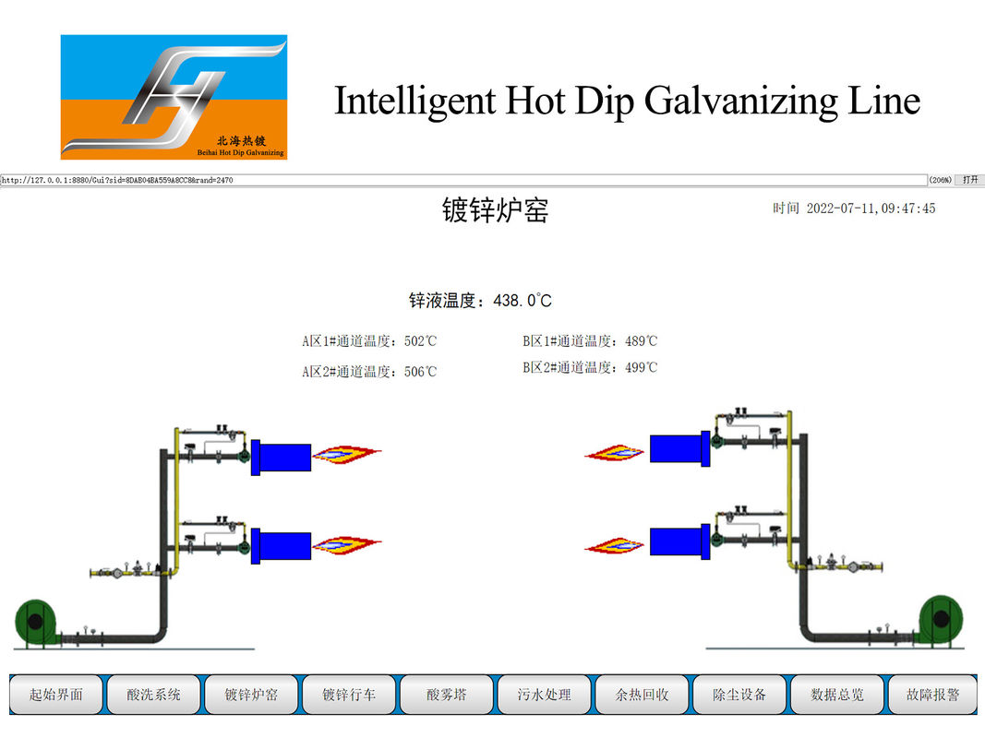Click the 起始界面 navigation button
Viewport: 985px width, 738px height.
point(56,694)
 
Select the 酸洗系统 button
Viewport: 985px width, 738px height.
point(153,694)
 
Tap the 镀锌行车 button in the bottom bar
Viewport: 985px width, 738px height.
point(349,694)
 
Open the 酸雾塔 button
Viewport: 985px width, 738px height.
point(447,694)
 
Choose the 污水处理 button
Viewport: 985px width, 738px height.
point(544,694)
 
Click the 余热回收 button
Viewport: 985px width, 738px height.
point(642,694)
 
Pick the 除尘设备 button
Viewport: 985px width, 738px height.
point(739,694)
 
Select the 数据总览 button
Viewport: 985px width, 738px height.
point(836,694)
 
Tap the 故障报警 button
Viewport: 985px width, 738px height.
point(933,694)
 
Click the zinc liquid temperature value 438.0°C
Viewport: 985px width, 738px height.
point(523,301)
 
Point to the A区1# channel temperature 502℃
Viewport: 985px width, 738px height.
point(420,341)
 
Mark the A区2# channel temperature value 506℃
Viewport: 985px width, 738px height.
point(420,372)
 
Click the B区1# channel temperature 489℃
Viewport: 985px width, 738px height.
point(642,341)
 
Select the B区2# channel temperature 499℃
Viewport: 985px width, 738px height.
point(642,368)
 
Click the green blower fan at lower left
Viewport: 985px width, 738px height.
point(36,622)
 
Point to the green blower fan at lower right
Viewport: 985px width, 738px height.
point(941,619)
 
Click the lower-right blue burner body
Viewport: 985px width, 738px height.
point(679,542)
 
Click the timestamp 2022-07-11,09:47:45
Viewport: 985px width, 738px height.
point(871,208)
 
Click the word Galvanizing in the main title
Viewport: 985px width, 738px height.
point(740,101)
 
